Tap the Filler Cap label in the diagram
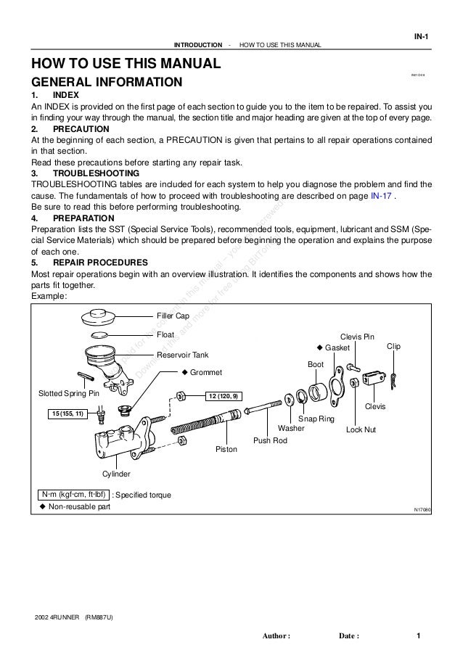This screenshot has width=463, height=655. click(173, 316)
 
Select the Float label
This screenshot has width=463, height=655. click(165, 335)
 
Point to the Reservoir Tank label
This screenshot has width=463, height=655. click(183, 355)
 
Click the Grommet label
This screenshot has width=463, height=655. click(206, 373)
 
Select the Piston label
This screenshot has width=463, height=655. click(226, 450)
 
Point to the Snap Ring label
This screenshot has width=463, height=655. click(316, 419)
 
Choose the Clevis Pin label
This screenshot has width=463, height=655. click(358, 337)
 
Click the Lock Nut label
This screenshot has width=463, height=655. click(361, 429)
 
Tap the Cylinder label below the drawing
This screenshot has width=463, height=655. click(116, 474)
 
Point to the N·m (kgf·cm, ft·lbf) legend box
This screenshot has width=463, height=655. click(72, 495)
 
